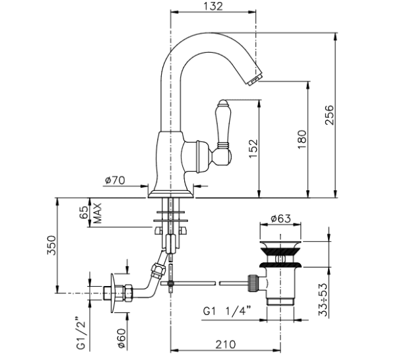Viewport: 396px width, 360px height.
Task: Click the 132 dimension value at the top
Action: [213, 7]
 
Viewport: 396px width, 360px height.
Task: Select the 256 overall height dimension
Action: [329, 115]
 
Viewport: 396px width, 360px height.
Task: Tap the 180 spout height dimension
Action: [302, 139]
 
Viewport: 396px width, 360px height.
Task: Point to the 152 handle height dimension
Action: [253, 149]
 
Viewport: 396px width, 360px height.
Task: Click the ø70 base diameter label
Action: [115, 180]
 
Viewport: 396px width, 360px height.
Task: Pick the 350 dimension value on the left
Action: [51, 245]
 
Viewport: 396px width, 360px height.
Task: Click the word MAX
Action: [97, 213]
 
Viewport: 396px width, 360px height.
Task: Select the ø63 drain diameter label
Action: [281, 219]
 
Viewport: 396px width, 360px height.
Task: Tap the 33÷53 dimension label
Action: [323, 300]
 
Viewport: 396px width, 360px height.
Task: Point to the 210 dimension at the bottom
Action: [226, 344]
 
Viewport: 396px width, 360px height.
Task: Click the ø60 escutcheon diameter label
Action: [121, 338]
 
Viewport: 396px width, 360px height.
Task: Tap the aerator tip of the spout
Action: [255, 79]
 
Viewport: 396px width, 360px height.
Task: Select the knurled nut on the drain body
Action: [254, 283]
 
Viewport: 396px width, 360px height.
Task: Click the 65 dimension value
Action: [84, 212]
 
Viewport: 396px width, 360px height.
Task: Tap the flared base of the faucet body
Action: [171, 194]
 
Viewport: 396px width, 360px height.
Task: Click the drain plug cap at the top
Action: [280, 244]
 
